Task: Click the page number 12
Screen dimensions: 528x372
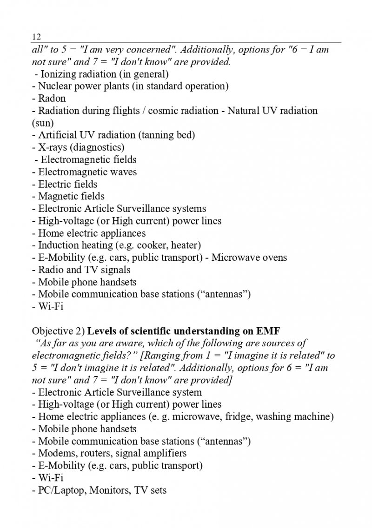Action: tap(36, 37)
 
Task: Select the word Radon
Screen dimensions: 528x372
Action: tap(52, 99)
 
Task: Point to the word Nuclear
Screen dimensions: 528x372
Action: tap(55, 86)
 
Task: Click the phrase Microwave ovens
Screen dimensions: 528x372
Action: tap(249, 257)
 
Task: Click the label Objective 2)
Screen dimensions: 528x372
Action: tap(58, 331)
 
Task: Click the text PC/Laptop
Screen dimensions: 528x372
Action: tap(60, 490)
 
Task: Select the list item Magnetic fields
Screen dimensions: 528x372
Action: tap(71, 196)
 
